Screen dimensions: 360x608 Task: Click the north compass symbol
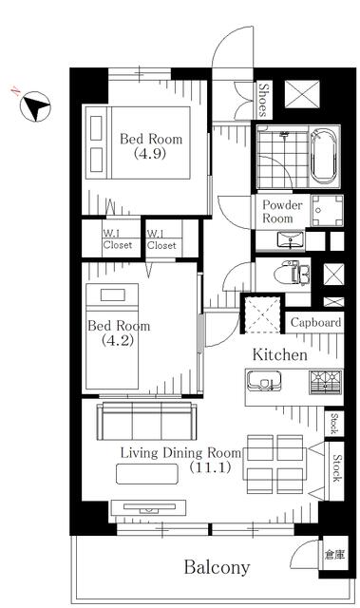point(35,106)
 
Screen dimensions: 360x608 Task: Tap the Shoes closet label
point(263,100)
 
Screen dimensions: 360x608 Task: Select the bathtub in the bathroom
point(325,157)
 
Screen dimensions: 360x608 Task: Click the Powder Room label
point(282,211)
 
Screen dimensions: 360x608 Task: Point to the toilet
point(292,275)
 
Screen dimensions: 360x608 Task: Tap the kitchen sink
point(264,381)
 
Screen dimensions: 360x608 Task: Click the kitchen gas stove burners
point(325,382)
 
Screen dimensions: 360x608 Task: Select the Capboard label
point(315,323)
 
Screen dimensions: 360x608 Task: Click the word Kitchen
point(280,354)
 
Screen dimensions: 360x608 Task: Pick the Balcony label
point(217,567)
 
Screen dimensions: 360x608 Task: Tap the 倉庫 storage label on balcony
point(334,555)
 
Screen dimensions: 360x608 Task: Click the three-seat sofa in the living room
point(147,421)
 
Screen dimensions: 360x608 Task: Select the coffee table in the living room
point(147,474)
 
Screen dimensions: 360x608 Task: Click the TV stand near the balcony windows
point(148,507)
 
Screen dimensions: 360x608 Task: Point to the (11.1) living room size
point(210,467)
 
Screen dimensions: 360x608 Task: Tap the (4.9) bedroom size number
point(150,154)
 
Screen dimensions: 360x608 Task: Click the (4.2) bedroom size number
point(118,340)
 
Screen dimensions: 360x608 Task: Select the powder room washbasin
point(291,239)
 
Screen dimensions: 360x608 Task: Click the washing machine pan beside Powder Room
point(328,210)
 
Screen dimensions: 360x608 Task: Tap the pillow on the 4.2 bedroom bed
point(112,294)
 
